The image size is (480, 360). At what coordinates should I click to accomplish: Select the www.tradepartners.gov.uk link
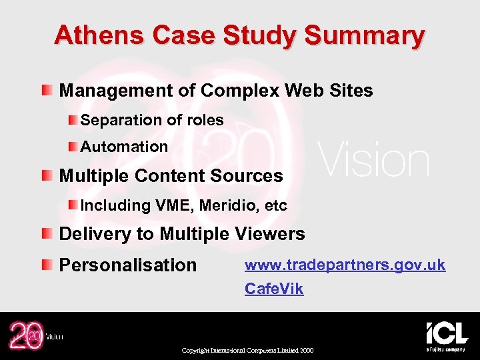point(345,265)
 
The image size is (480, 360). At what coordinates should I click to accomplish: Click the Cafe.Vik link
point(274,289)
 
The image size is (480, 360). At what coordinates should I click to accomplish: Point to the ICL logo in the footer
point(446,333)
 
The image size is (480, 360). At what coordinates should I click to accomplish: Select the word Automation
point(124,147)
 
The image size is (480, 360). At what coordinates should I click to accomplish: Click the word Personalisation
point(128,265)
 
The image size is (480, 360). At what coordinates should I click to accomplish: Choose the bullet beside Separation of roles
point(72,120)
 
